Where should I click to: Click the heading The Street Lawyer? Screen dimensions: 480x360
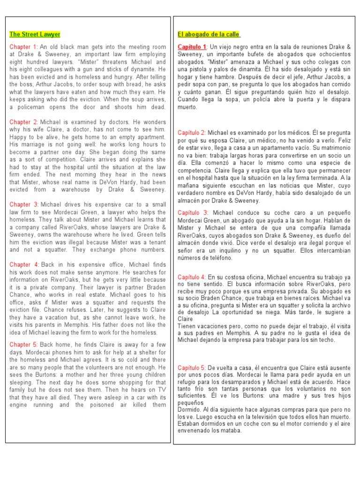pyautogui.click(x=35, y=35)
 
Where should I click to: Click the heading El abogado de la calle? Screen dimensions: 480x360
pyautogui.click(x=209, y=35)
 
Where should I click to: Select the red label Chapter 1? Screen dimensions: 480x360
pyautogui.click(x=23, y=47)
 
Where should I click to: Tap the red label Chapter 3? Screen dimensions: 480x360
pyautogui.click(x=24, y=204)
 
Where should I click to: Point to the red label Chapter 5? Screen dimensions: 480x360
pyautogui.click(x=24, y=345)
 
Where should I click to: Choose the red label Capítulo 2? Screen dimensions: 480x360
pyautogui.click(x=192, y=133)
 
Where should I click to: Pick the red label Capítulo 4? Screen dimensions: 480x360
pyautogui.click(x=192, y=277)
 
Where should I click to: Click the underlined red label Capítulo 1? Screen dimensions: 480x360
pyautogui.click(x=192, y=47)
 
